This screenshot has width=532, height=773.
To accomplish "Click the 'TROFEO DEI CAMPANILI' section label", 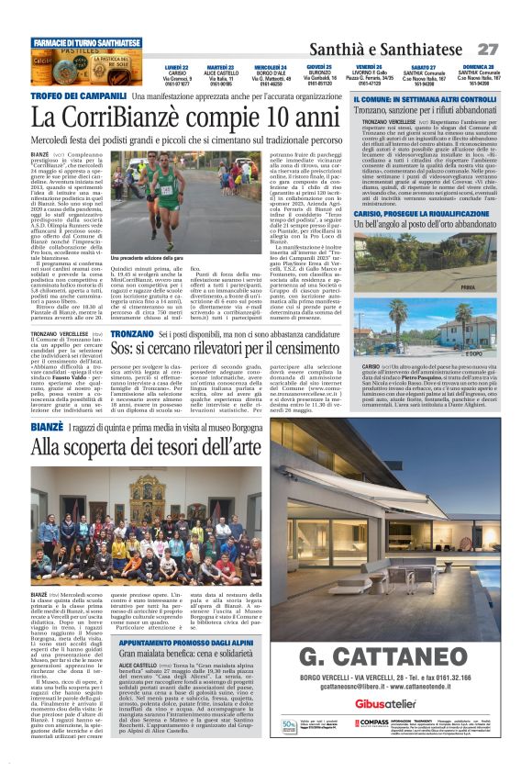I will coord(79,95).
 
